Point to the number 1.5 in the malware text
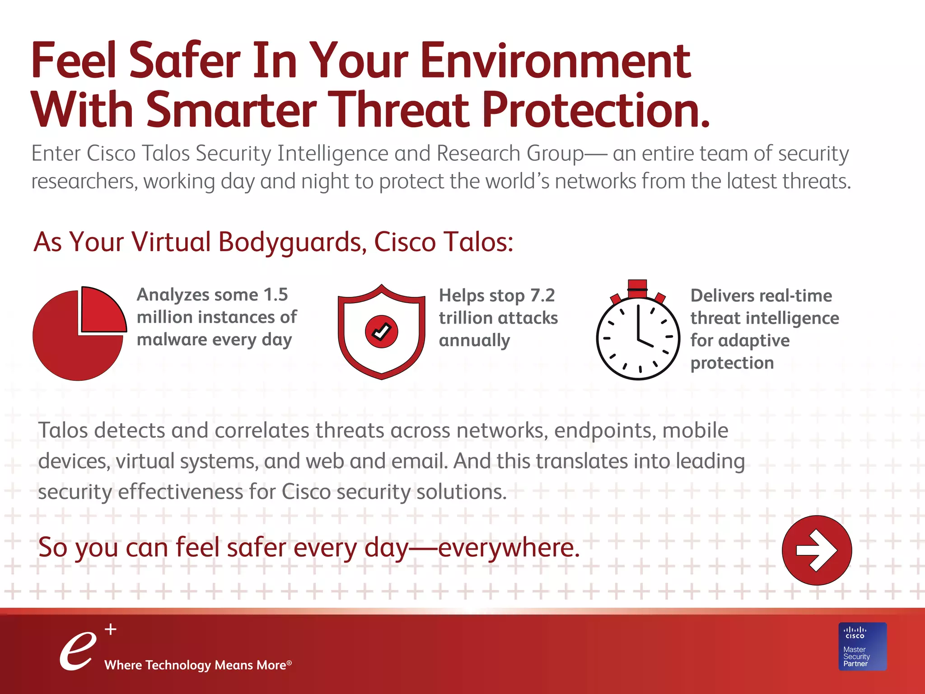pos(276,295)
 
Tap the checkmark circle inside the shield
pos(381,332)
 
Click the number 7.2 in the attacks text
pos(542,295)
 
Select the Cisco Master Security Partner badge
pos(862,647)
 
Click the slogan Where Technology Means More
pos(197,665)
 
